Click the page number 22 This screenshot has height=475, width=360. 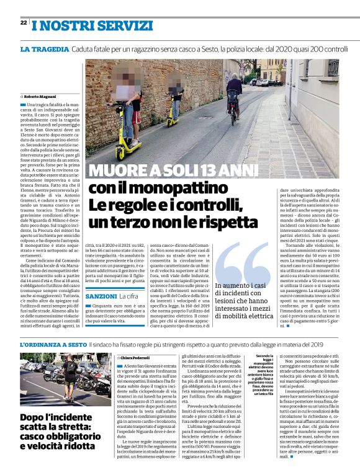coord(23,23)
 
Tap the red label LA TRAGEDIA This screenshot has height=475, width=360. coord(44,48)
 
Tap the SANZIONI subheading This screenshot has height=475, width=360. coord(101,297)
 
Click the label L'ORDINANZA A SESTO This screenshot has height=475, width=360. coord(53,344)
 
